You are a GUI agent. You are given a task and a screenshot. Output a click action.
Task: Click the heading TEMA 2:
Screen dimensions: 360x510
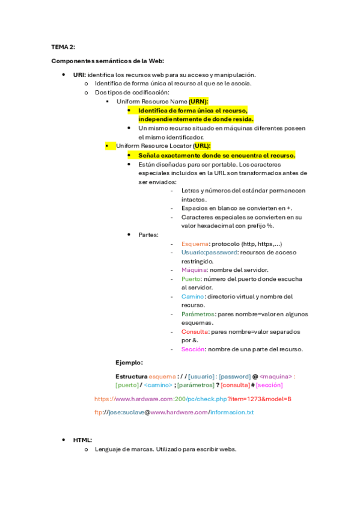point(63,46)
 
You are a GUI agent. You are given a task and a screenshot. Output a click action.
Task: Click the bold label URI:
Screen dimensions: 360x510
point(79,75)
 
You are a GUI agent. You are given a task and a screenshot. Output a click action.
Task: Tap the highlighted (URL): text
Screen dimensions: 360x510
point(202,146)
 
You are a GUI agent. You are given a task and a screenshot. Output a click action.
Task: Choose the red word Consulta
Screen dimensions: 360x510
point(194,331)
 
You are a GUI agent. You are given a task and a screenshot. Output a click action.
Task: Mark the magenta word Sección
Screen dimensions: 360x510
point(193,349)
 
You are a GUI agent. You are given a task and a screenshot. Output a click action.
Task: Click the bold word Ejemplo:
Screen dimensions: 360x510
point(129,363)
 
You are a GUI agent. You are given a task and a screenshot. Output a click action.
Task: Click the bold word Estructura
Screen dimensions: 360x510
point(131,376)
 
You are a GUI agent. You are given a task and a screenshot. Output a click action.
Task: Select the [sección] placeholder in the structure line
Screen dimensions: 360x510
point(269,385)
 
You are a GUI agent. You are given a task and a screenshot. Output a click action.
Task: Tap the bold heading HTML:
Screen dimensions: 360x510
point(82,440)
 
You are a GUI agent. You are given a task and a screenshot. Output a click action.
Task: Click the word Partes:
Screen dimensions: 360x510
point(148,235)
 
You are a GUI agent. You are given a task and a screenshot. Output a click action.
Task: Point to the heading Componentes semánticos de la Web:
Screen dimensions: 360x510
point(108,61)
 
